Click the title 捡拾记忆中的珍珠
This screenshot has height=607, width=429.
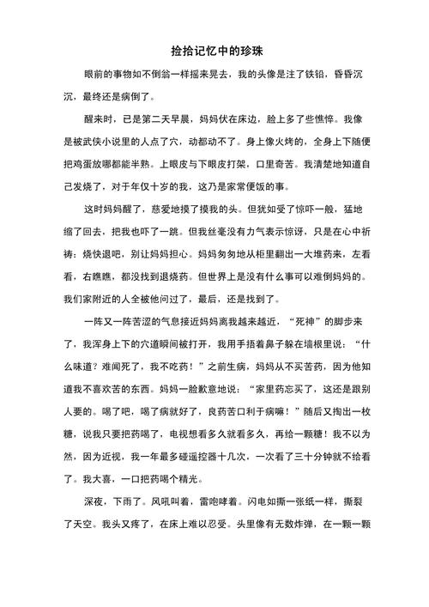pyautogui.click(x=214, y=52)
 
